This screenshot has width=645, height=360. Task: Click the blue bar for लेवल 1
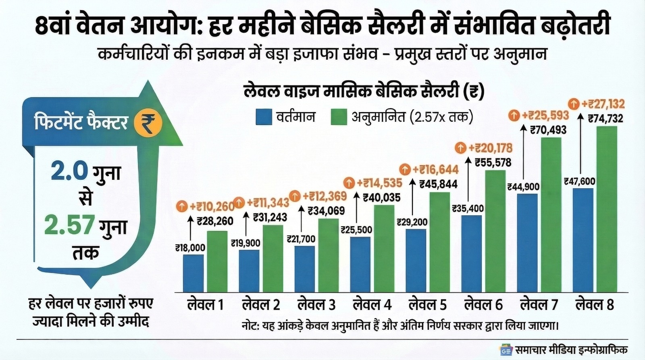tap(193, 273)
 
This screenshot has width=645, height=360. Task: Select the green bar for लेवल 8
tap(607, 209)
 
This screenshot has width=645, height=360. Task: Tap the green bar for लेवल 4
tap(384, 248)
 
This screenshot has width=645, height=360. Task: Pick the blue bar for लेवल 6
tap(471, 254)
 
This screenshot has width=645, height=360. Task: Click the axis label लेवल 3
tap(316, 304)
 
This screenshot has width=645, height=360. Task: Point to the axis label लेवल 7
tap(539, 304)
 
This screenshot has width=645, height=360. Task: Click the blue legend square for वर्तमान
tap(264, 117)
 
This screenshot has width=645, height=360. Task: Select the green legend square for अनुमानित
tap(338, 117)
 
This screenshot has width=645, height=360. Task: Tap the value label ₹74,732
tap(605, 119)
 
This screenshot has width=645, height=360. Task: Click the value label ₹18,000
tap(190, 248)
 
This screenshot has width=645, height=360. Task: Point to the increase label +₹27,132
tap(603, 104)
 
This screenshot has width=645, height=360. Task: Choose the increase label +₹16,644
tap(435, 170)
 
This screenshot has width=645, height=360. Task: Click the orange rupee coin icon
tap(148, 123)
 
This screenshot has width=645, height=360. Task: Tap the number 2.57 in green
tap(69, 225)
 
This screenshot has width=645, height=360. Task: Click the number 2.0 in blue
tap(69, 171)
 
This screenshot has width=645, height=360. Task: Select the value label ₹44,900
tap(523, 187)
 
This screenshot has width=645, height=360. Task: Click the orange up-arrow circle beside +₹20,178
tap(460, 148)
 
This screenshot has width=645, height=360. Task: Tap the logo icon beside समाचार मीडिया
tap(506, 350)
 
